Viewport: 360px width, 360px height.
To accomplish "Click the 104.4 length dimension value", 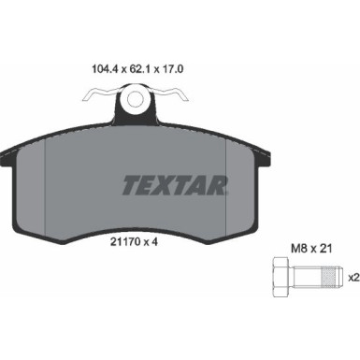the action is coord(104,69).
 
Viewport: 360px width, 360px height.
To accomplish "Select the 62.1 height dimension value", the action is coord(138,69).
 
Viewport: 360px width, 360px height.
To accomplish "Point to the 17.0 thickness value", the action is coord(172,69).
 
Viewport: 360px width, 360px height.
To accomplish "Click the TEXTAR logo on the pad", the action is coord(175,185).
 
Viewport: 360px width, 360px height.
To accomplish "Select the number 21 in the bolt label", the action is coord(326,249).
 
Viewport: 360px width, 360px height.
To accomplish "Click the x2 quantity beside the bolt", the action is coord(354,278).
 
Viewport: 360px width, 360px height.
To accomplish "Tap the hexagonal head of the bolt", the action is coord(283,277).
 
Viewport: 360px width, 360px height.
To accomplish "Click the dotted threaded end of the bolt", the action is coord(332,277).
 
